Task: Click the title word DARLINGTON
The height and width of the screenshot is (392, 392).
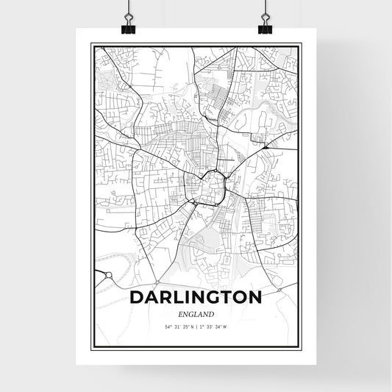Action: pyautogui.click(x=195, y=299)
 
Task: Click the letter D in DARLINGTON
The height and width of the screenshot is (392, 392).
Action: pyautogui.click(x=136, y=299)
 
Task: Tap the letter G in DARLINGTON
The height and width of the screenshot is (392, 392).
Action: pyautogui.click(x=206, y=299)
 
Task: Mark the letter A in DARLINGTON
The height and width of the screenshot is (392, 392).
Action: pyautogui.click(x=152, y=299)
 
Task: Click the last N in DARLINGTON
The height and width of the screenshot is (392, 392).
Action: pyautogui.click(x=254, y=299)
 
